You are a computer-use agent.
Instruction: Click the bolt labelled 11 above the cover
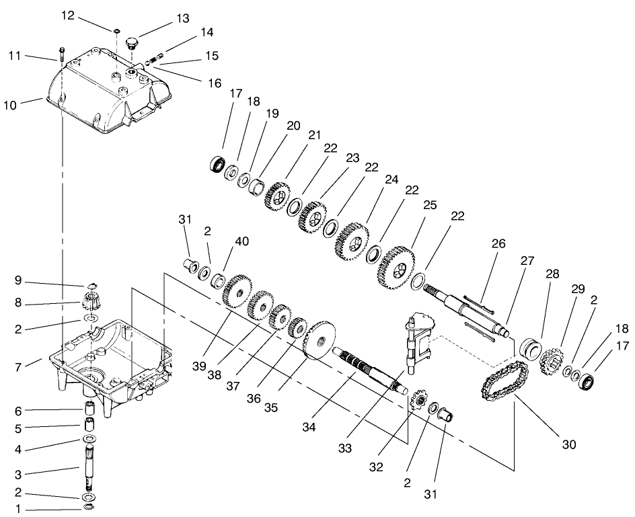(x=61, y=52)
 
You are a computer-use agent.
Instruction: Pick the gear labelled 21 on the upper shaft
(x=276, y=196)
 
